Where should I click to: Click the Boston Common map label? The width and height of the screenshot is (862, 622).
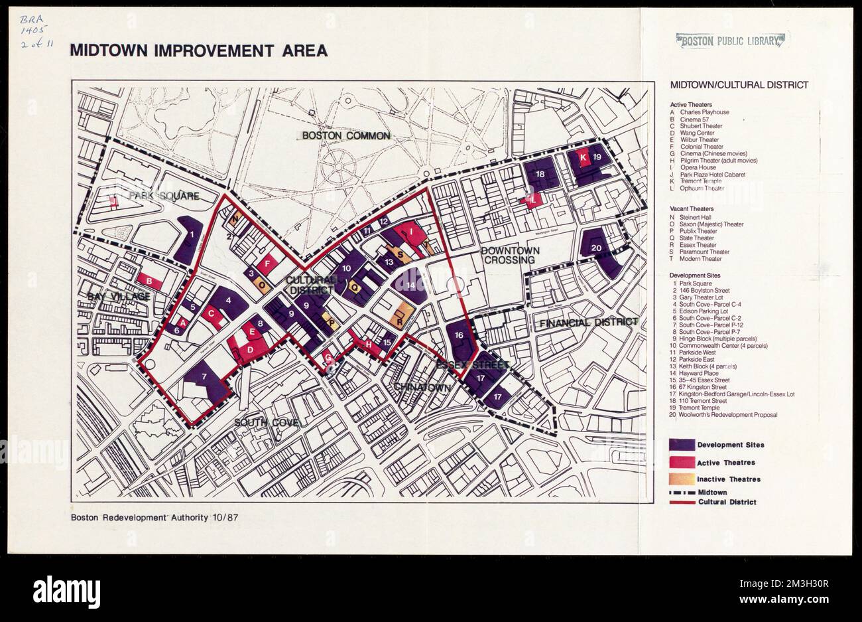click(345, 135)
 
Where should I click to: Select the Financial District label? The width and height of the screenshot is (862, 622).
click(587, 323)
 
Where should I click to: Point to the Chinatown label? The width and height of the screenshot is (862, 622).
click(422, 386)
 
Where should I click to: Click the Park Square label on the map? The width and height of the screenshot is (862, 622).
click(164, 196)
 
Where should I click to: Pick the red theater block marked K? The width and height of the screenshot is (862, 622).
click(582, 158)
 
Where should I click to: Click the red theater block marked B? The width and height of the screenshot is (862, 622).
click(150, 282)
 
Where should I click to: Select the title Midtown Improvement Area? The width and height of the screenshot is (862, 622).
click(198, 50)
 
